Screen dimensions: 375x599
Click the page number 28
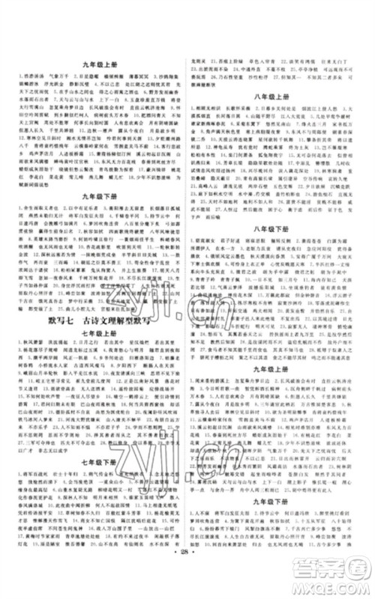[187, 579]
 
